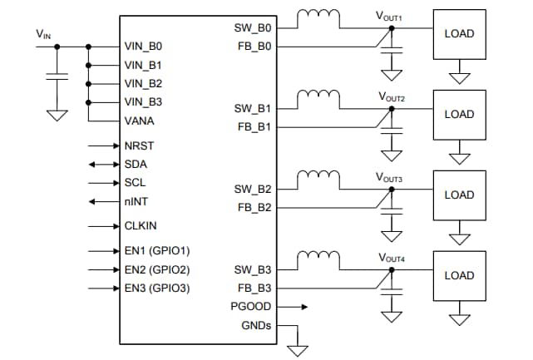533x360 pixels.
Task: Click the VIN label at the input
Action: (42, 34)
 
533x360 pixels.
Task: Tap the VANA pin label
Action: (139, 121)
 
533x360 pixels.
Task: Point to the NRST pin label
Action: (139, 145)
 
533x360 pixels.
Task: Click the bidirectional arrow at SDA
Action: (103, 165)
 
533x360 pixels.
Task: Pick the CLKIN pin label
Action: (141, 225)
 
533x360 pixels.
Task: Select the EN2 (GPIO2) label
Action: (157, 269)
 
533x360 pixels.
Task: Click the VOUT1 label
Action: (391, 16)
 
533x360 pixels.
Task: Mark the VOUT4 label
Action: (391, 257)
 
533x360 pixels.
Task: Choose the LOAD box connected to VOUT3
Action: (459, 195)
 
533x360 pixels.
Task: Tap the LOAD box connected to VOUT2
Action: (459, 114)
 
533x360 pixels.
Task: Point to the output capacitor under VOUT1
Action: (391, 52)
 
